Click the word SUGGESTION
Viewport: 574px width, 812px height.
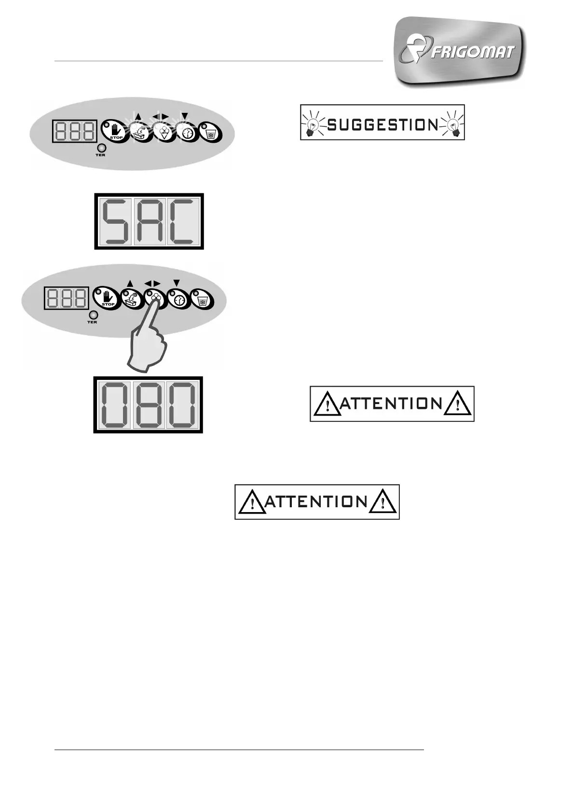click(382, 125)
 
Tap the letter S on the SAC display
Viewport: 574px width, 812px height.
click(115, 221)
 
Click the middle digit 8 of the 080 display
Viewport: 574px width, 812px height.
click(148, 405)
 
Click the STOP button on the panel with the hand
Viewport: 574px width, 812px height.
click(106, 298)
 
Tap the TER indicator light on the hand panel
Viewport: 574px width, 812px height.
click(92, 315)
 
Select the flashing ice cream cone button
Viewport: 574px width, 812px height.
click(164, 132)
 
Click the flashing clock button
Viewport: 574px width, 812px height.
click(187, 132)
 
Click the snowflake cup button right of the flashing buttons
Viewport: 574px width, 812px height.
click(211, 132)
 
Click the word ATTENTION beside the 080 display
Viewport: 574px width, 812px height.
click(391, 403)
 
